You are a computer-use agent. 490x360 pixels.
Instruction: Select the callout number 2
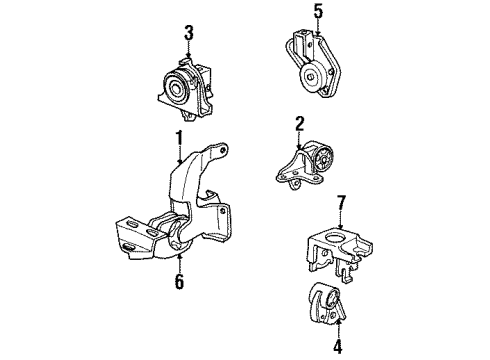point(298,123)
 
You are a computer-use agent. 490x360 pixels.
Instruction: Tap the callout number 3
point(188,35)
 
